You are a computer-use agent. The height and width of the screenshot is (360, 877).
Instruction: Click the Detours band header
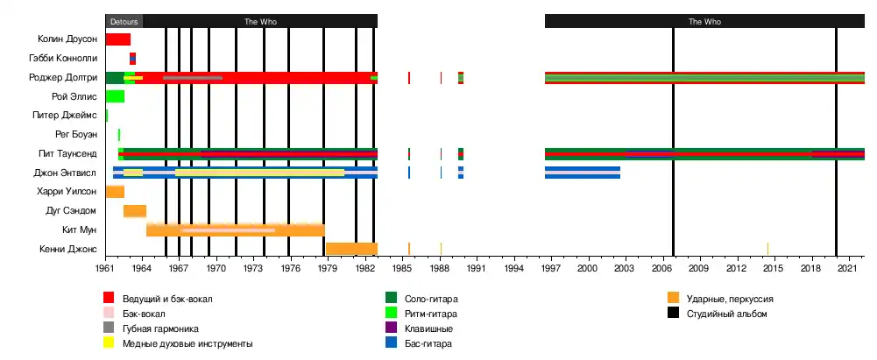pos(124,21)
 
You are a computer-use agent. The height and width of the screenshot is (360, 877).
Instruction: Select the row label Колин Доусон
pos(67,39)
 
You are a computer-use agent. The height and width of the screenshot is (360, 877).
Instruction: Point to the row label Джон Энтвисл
pos(65,173)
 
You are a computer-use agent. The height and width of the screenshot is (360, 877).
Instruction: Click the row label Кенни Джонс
pos(68,249)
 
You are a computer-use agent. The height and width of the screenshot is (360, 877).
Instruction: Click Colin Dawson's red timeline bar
pos(118,39)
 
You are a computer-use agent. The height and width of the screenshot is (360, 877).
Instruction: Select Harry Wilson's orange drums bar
pos(115,192)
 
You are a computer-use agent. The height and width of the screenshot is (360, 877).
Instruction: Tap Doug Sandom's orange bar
pos(135,211)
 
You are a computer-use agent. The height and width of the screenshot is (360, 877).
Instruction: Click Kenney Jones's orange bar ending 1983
pos(351,249)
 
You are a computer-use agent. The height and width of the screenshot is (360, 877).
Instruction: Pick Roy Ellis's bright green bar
pos(115,96)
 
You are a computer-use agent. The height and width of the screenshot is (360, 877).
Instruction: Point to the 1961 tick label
pos(106,267)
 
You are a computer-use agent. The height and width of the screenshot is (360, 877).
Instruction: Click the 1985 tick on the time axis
pos(402,267)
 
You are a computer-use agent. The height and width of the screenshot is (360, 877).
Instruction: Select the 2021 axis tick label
pos(846,267)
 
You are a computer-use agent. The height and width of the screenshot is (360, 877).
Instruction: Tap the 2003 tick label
pos(625,267)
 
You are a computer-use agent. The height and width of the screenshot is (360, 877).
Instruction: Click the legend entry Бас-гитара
pos(428,343)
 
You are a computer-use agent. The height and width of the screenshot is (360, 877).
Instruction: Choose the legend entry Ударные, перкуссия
pos(729,299)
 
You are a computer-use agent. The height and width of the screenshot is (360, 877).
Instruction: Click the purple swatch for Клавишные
pos(392,328)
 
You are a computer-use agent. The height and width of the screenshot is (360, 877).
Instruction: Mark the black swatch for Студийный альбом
pos(674,314)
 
